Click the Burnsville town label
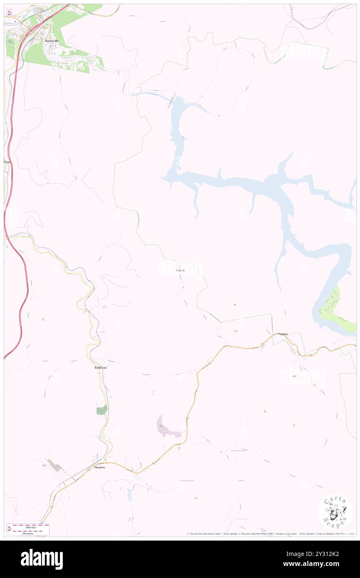coord(52,41)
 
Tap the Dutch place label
coord(180,271)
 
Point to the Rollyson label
coord(101,368)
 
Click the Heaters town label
coord(100,467)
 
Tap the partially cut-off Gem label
coord(7,161)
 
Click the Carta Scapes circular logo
coord(335,511)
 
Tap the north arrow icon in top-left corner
coord(10,12)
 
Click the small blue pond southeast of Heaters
coord(129,494)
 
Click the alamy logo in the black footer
coord(42,559)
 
